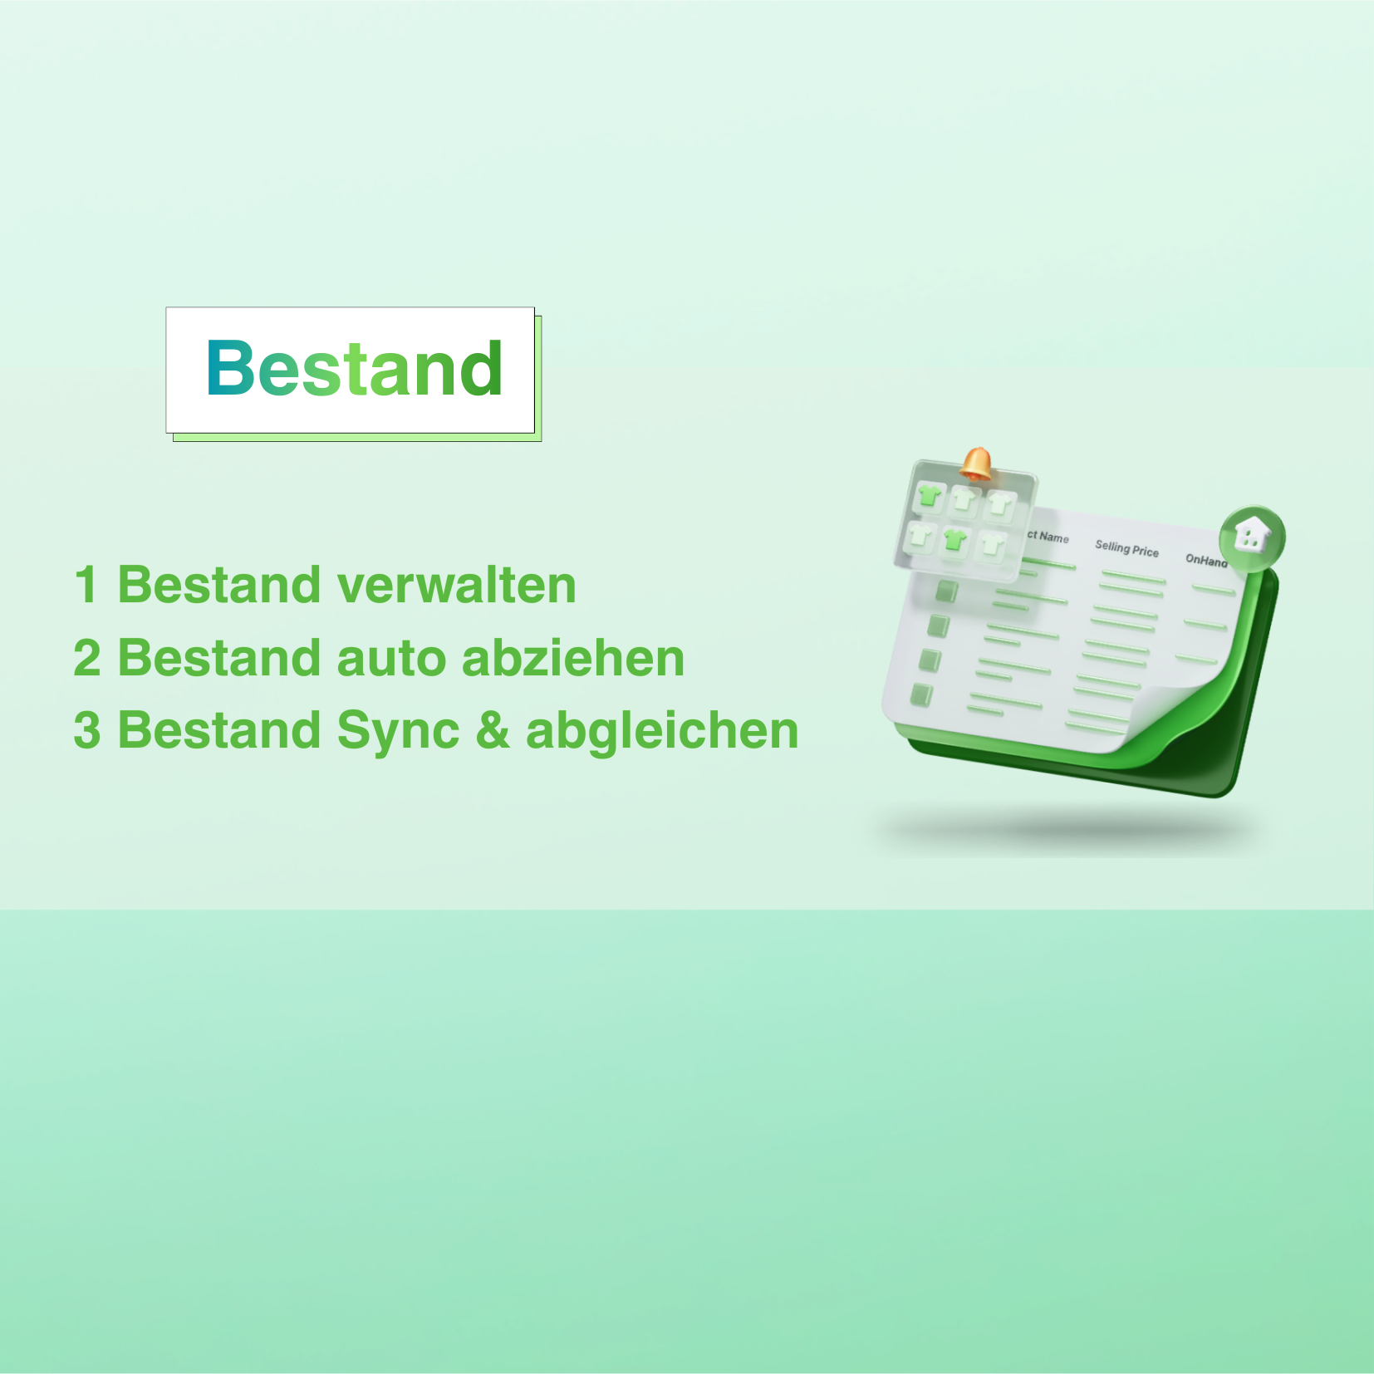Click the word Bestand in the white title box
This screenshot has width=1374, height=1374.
pos(354,369)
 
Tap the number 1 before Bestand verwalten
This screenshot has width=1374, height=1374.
pos(86,585)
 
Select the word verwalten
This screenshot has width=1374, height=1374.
pos(456,585)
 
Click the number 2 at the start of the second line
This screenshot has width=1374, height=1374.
pos(87,658)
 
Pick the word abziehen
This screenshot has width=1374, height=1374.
pos(573,658)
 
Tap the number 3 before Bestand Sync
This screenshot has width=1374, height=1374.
pos(87,730)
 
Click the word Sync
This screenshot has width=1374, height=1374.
pos(398,732)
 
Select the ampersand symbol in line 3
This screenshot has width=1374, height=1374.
pos(493,730)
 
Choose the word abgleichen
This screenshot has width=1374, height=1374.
pos(662,730)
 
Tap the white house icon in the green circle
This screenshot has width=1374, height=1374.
pos(1252,534)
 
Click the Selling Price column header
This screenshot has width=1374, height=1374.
pos(1126,548)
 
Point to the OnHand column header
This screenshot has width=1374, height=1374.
pos(1206,560)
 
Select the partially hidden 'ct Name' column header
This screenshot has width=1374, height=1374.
pos(1048,537)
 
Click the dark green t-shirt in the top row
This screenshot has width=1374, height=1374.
pos(929,497)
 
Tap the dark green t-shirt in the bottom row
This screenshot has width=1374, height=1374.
pos(954,540)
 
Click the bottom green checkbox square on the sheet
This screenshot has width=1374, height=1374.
pos(922,694)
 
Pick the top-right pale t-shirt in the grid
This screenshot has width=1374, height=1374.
pos(999,503)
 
